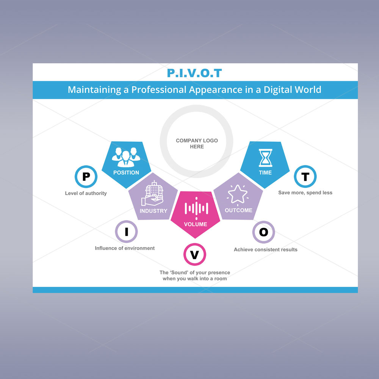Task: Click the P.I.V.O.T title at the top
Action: click(194, 73)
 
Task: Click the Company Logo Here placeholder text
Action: click(197, 144)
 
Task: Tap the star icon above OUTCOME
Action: click(238, 194)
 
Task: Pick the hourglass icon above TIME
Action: click(265, 158)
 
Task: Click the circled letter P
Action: click(86, 177)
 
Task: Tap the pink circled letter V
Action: click(194, 255)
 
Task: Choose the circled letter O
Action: click(263, 232)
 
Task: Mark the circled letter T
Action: click(305, 177)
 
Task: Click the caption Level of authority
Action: click(86, 193)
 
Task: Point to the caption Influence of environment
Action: click(125, 248)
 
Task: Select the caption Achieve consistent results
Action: click(265, 249)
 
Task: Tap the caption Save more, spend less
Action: click(305, 193)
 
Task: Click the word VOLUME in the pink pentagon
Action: click(196, 224)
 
